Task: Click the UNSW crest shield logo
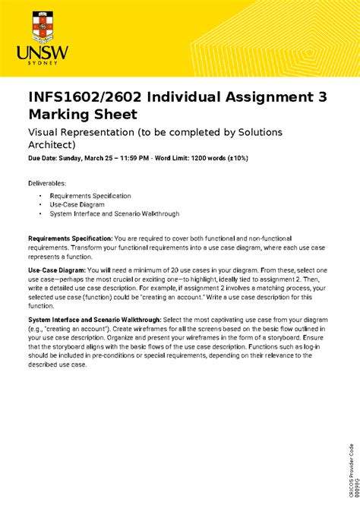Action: point(43,27)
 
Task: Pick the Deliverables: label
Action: point(47,183)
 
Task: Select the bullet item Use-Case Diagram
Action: point(77,205)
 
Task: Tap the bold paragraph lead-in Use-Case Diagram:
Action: point(57,270)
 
